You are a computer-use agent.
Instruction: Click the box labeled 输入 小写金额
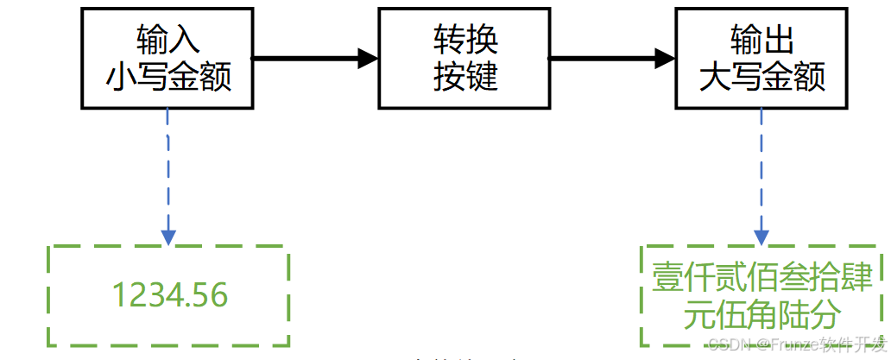coord(168,58)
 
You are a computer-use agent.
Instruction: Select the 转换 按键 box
coord(464,58)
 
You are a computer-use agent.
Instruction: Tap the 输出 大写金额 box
coord(761,58)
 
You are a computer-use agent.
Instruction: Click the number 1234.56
coord(170,296)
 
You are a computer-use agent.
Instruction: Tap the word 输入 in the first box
coord(168,40)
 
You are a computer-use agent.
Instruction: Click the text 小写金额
coord(168,78)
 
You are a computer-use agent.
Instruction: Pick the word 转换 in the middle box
coord(464,40)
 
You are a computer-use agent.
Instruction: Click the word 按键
coord(464,78)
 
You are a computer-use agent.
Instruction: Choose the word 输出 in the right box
coord(761,40)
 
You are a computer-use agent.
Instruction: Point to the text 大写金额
coord(761,78)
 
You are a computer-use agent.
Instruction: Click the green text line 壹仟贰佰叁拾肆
coord(762,279)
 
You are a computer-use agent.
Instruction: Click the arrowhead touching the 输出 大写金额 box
coord(665,58)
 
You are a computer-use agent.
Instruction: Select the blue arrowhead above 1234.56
coord(168,236)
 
